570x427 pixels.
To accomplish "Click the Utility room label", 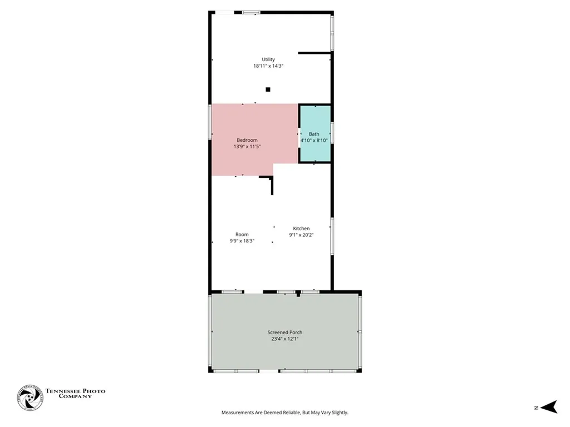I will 268,59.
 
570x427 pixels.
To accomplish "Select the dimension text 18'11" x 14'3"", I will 268,66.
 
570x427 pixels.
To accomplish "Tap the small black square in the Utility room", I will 268,89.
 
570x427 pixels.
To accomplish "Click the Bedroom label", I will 247,140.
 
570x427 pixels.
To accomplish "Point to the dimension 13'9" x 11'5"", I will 247,147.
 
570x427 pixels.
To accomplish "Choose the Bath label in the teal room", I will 315,134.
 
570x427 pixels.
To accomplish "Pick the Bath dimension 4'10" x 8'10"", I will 315,141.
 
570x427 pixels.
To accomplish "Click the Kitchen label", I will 302,229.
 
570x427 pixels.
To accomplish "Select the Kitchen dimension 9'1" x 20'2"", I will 302,235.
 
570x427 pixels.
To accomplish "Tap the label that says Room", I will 242,235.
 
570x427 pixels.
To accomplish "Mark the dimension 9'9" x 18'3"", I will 242,241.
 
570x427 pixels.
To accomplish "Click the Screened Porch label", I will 285,332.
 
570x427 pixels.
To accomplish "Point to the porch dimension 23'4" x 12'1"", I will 285,339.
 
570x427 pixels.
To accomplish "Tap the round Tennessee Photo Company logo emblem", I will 30,398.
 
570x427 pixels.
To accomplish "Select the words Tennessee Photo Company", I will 75,394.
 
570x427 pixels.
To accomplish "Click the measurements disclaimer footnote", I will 285,413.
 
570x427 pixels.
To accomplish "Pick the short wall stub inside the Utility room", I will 315,53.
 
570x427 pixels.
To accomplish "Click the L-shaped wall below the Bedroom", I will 271,183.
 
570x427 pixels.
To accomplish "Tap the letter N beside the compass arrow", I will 536,408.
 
